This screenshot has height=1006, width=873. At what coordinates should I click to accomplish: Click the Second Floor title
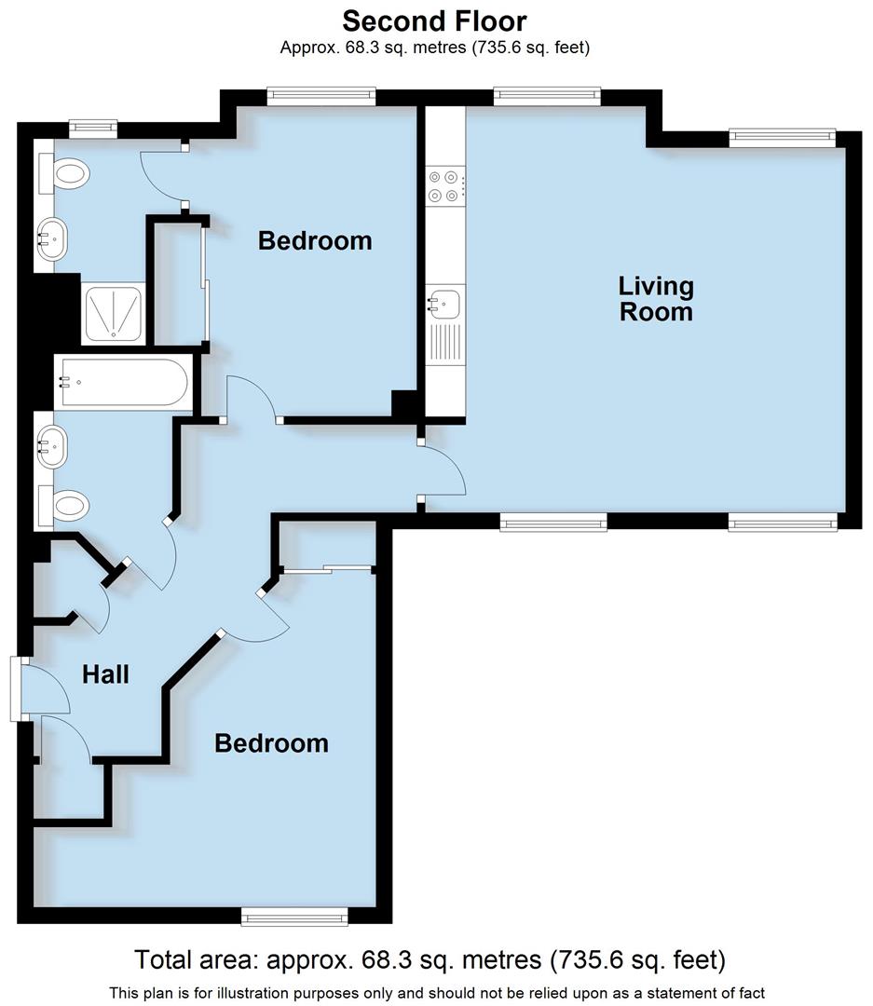pyautogui.click(x=434, y=20)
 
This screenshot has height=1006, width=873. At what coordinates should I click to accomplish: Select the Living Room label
pyautogui.click(x=656, y=298)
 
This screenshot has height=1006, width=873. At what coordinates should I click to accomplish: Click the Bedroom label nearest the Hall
pyautogui.click(x=271, y=743)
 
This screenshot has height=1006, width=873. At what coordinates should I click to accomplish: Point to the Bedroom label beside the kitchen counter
pyautogui.click(x=315, y=240)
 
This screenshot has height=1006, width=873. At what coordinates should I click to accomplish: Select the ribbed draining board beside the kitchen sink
pyautogui.click(x=445, y=342)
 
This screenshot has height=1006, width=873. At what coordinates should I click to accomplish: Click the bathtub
pyautogui.click(x=123, y=382)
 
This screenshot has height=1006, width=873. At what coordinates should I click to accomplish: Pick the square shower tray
pyautogui.click(x=114, y=310)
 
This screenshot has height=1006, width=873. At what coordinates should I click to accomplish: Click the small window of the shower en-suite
pyautogui.click(x=94, y=125)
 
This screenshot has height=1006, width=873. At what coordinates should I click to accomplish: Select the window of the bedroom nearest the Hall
pyautogui.click(x=293, y=918)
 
